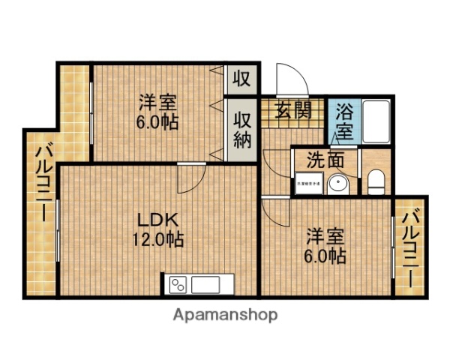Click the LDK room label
[x=155, y=220]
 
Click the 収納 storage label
[x=241, y=130]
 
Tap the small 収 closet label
[x=241, y=77]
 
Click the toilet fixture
[x=376, y=181]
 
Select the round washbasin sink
[x=338, y=182]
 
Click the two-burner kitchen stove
[x=178, y=285]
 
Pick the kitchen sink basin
[x=205, y=285]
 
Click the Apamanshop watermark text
[x=226, y=315]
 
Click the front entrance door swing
[x=289, y=79]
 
